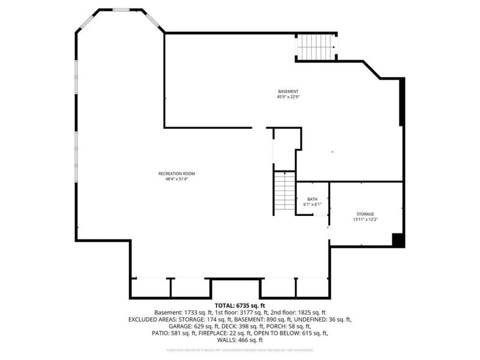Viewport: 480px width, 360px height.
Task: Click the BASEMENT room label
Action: pyautogui.click(x=287, y=91)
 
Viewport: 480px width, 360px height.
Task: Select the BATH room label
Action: pyautogui.click(x=312, y=199)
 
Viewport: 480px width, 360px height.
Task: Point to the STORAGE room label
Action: pyautogui.click(x=365, y=214)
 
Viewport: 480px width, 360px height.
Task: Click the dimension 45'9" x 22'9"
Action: pyautogui.click(x=287, y=97)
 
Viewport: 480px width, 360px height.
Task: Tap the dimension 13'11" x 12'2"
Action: pyautogui.click(x=365, y=220)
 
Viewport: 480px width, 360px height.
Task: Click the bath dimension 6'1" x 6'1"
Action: pyautogui.click(x=312, y=205)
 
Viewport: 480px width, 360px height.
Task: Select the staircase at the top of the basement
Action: pyautogui.click(x=316, y=46)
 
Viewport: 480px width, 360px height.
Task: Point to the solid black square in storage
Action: pyautogui.click(x=397, y=239)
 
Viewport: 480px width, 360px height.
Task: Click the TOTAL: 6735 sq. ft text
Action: pyautogui.click(x=239, y=305)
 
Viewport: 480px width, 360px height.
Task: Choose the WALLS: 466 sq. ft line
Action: pyautogui.click(x=240, y=340)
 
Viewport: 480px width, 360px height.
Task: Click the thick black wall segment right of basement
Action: pyautogui.click(x=402, y=101)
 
